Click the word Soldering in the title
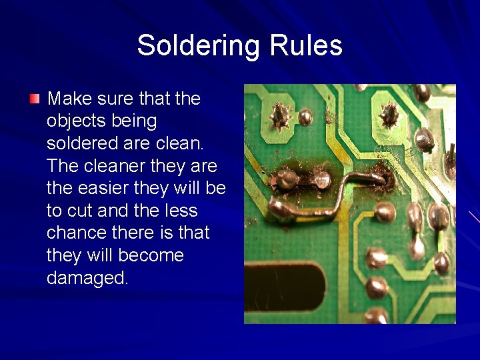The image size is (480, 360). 200,46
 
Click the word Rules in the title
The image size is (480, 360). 306,46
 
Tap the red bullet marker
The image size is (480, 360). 35,99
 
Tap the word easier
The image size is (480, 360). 103,189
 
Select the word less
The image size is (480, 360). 180,211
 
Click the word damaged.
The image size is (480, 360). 87,278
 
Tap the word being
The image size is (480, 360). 137,121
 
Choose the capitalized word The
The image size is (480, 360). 62,166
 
